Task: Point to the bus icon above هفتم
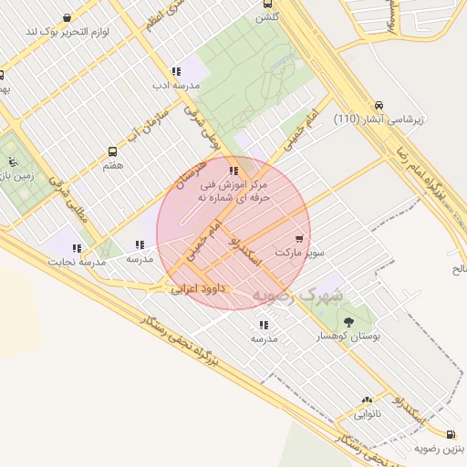112,151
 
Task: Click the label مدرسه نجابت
78,262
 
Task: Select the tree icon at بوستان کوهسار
348,321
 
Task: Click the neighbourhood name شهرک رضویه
297,296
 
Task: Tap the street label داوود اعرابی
202,289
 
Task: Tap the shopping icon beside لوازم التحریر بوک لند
67,18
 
